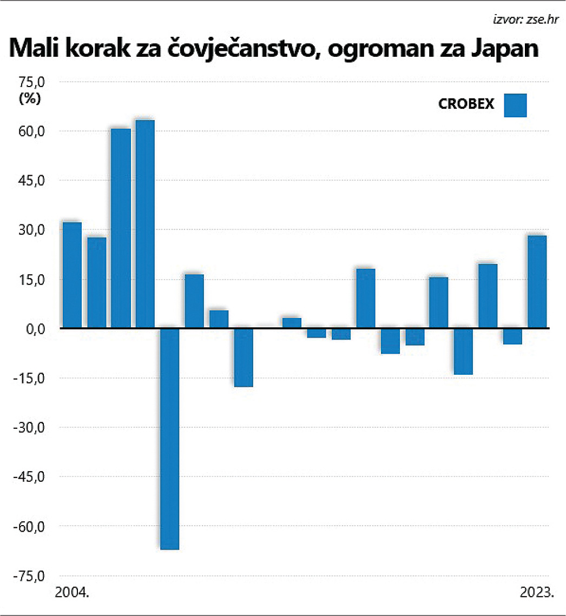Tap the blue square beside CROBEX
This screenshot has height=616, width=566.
515,105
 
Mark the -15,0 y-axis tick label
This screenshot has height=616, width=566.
30,378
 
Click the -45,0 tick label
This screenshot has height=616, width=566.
30,477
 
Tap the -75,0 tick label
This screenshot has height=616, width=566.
30,576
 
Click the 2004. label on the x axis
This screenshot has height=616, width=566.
72,592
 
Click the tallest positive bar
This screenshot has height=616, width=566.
145,224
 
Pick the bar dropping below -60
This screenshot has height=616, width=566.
170,439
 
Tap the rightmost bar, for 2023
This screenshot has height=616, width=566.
537,282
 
